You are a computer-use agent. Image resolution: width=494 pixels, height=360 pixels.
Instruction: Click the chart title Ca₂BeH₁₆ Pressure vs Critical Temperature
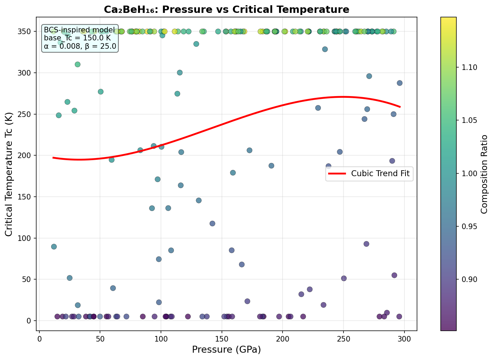[226, 9]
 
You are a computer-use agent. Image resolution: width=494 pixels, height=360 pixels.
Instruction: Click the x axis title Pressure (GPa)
[226, 350]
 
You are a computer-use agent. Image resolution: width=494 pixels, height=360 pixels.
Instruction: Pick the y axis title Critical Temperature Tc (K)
[9, 174]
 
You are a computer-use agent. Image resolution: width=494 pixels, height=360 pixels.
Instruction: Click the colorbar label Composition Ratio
[484, 174]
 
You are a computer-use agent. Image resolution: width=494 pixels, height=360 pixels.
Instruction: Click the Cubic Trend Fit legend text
[382, 173]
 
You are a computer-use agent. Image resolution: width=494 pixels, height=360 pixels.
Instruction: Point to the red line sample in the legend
[337, 173]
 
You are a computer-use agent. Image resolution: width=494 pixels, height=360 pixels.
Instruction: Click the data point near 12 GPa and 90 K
[54, 246]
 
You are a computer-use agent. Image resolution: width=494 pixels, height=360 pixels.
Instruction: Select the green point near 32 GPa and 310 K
[78, 64]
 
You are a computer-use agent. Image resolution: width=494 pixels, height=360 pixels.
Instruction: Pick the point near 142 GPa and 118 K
[212, 224]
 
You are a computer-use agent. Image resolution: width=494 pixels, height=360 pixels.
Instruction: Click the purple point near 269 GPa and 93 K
[366, 244]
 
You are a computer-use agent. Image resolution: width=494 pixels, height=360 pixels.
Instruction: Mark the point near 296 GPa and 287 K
[400, 83]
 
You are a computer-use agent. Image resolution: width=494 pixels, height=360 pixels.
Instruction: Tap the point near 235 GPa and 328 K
[325, 49]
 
